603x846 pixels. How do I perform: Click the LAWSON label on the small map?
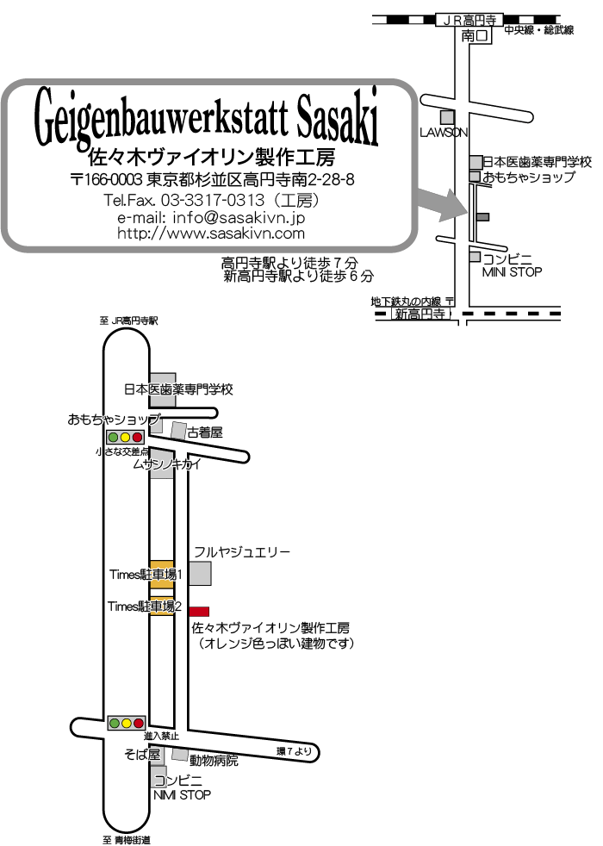pyautogui.click(x=444, y=133)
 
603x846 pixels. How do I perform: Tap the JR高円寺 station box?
pyautogui.click(x=469, y=21)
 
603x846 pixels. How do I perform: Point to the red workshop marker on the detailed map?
pyautogui.click(x=198, y=612)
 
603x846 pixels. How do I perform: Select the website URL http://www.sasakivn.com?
pyautogui.click(x=211, y=233)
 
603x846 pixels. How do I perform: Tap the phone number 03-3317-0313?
pyautogui.click(x=213, y=200)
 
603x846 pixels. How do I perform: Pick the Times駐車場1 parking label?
pyautogui.click(x=146, y=575)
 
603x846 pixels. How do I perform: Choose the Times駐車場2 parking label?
pyautogui.click(x=145, y=607)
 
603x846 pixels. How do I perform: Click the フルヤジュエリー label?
pyautogui.click(x=242, y=551)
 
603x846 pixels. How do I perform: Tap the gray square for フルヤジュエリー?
pyautogui.click(x=200, y=573)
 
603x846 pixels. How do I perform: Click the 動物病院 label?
pyautogui.click(x=214, y=761)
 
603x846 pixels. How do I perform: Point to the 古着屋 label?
pyautogui.click(x=205, y=432)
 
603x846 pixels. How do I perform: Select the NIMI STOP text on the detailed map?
pyautogui.click(x=182, y=795)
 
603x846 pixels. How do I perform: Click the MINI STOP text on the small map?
pyautogui.click(x=512, y=272)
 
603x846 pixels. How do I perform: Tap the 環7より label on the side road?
pyautogui.click(x=294, y=751)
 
